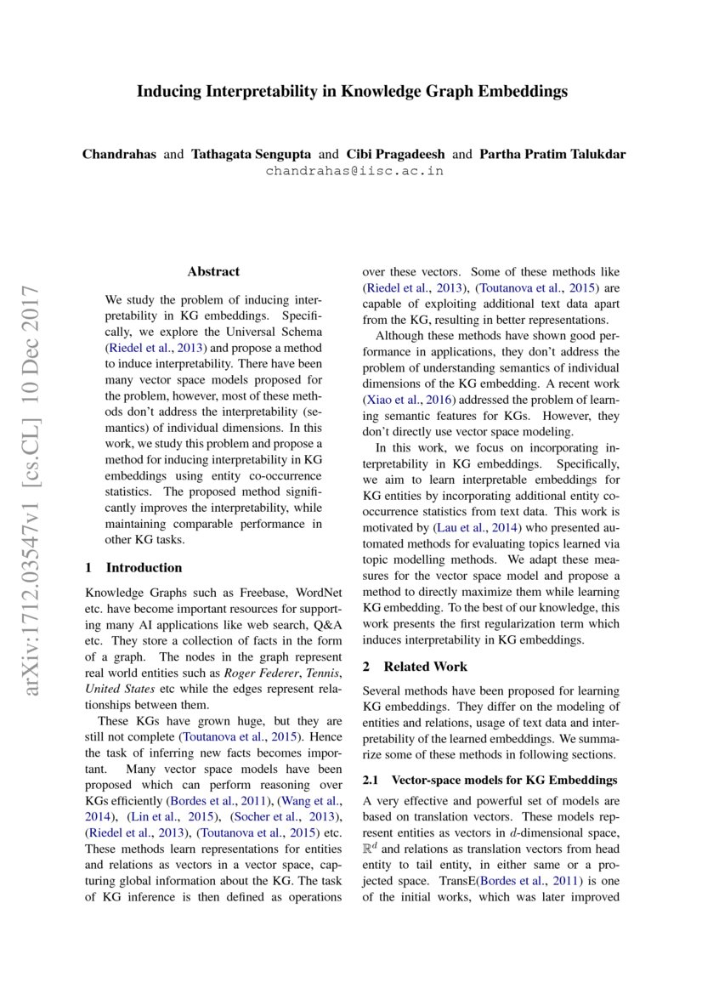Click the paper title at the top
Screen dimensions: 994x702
pyautogui.click(x=352, y=91)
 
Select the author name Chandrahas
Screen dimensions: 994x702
pyautogui.click(x=119, y=154)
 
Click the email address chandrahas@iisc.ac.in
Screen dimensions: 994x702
pyautogui.click(x=354, y=170)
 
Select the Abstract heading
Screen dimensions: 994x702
pyautogui.click(x=213, y=271)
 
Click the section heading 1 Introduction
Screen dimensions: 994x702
pyautogui.click(x=134, y=567)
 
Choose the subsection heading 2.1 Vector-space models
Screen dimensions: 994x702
pyautogui.click(x=489, y=780)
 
